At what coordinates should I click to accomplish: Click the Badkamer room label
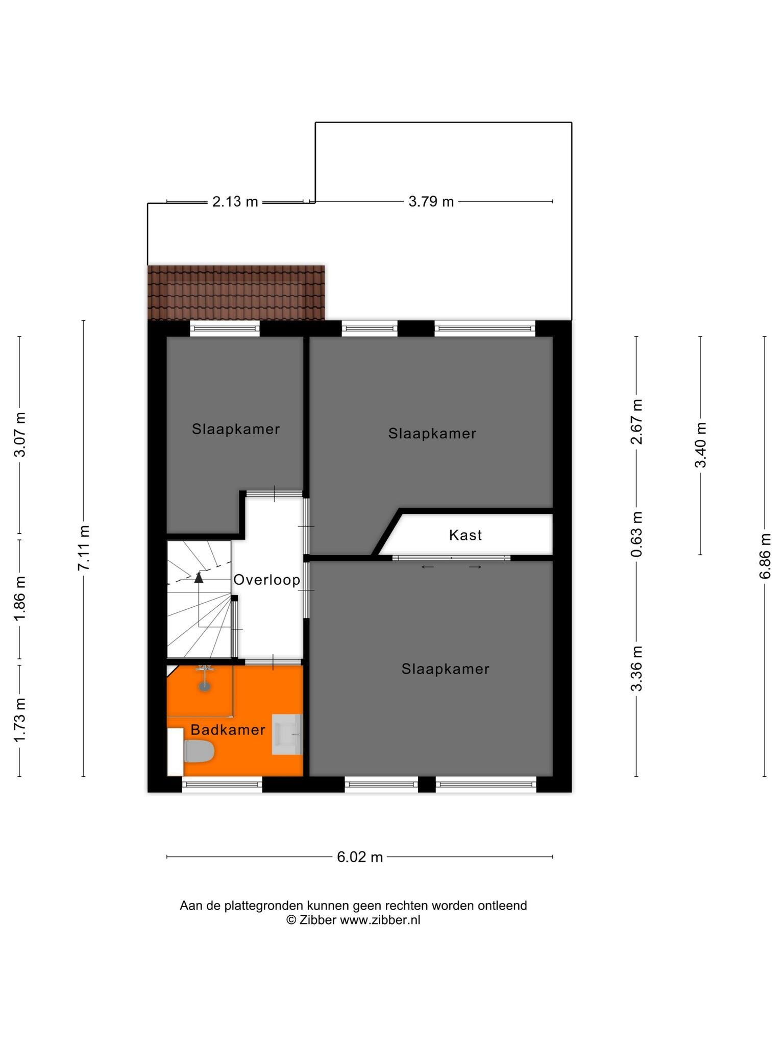[228, 730]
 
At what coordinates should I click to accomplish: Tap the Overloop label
[266, 580]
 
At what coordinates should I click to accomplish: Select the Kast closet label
[465, 535]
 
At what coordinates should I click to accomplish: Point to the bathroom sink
[287, 734]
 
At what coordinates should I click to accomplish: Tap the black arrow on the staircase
[199, 577]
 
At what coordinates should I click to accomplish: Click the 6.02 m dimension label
[359, 857]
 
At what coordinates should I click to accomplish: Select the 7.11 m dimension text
[84, 548]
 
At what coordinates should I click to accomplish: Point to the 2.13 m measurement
[235, 202]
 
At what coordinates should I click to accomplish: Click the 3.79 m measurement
[431, 202]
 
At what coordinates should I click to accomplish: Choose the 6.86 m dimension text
[765, 556]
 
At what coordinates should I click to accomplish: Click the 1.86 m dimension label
[19, 599]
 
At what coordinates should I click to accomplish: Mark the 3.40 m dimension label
[700, 445]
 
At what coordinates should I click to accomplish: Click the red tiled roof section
[236, 293]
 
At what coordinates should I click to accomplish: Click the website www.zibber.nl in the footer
[380, 920]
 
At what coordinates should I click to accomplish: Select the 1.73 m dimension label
[19, 721]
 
